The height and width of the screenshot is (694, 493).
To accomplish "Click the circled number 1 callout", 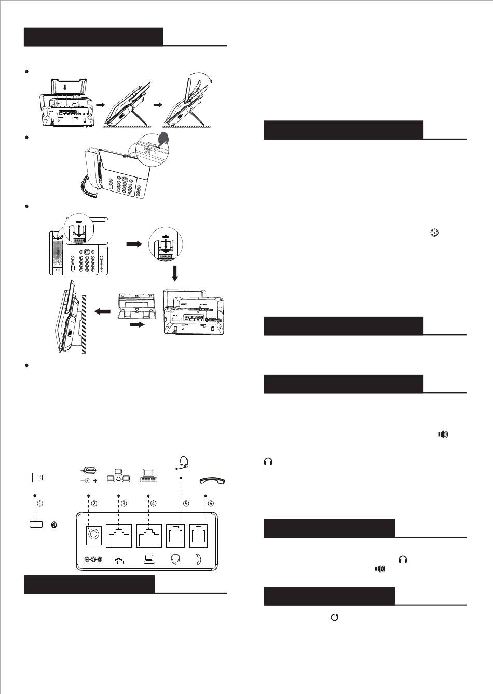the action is point(40,504).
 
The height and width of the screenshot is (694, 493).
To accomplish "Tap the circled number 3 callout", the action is point(124,504).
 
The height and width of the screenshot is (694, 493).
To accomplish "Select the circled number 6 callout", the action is point(211,504).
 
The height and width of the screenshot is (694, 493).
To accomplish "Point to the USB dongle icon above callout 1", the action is point(37,478).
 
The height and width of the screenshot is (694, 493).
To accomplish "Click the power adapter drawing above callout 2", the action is point(89,474).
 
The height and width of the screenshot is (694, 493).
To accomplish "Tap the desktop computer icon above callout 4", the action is point(148,475).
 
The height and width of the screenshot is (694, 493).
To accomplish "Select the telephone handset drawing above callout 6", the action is point(212,480).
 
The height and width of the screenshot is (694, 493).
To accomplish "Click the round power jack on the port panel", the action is point(93,534).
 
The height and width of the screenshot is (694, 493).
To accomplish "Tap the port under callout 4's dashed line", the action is point(149,535).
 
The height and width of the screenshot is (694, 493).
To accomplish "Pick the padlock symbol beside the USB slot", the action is point(53,524).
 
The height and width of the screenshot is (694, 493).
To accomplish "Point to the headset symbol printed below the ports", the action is point(175,559).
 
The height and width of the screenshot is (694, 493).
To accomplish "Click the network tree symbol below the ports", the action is point(118,559).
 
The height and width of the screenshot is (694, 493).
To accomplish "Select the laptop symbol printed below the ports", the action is point(148,559).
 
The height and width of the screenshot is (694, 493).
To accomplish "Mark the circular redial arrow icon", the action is point(334,617).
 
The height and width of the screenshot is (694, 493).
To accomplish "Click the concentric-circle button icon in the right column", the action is point(434,233).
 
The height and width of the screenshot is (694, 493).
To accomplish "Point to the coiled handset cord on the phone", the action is point(87,186).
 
